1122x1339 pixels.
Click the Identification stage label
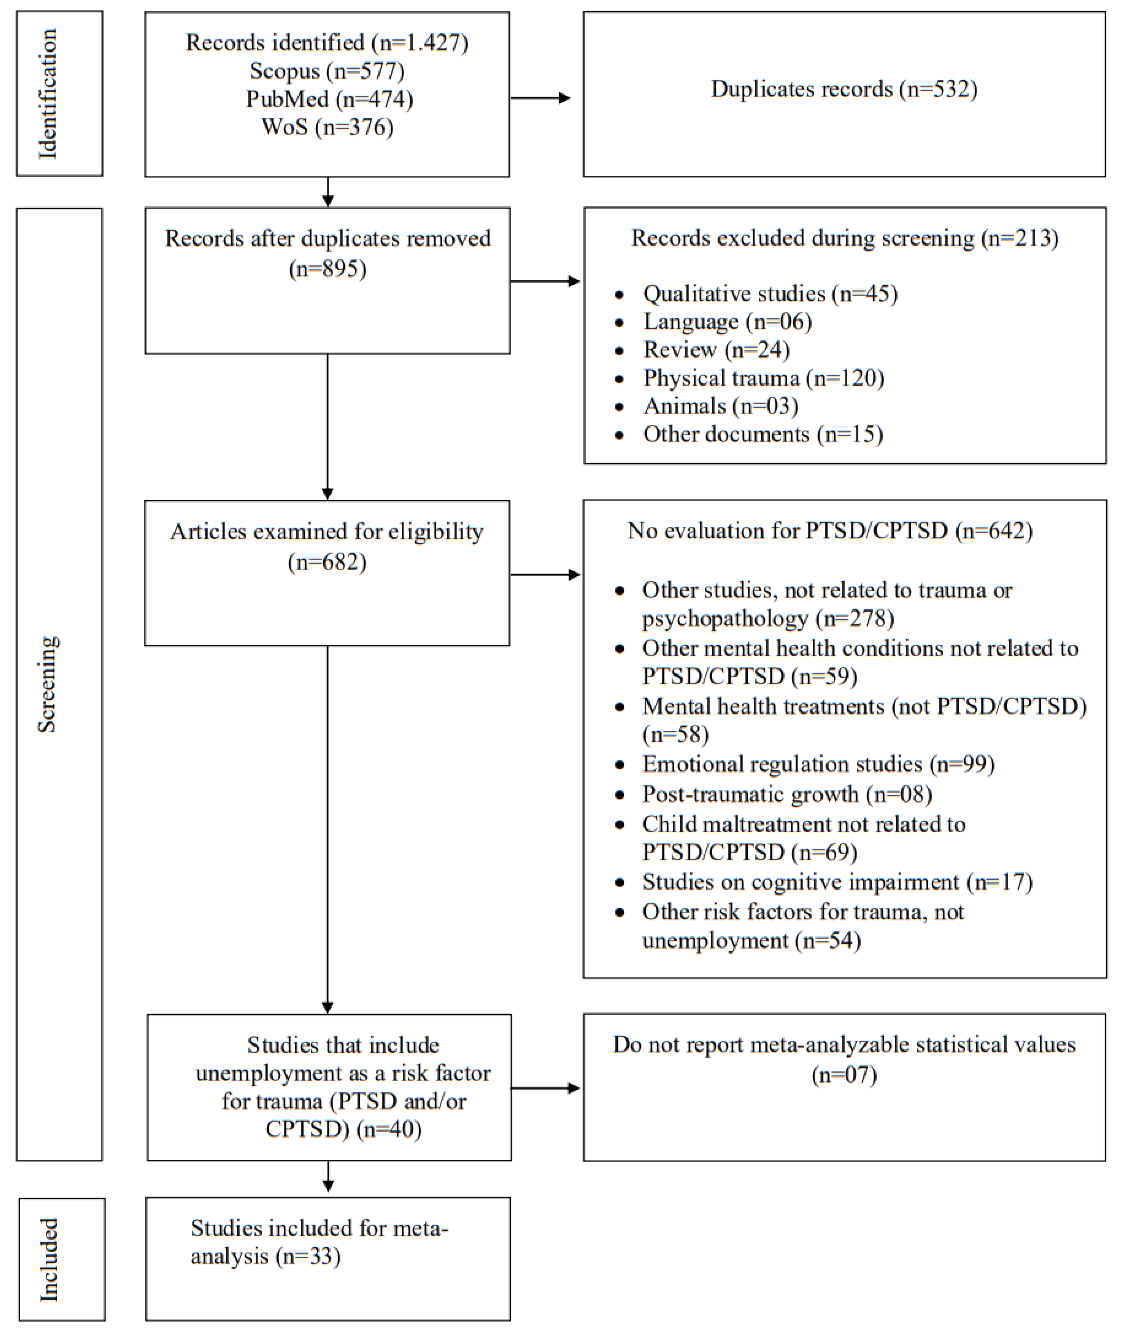pos(48,94)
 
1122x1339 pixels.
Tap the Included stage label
pos(49,1259)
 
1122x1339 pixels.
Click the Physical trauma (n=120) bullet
pos(763,378)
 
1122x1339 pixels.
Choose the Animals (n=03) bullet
pos(720,406)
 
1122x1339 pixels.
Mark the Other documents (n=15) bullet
pos(762,434)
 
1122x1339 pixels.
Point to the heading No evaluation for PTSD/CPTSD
pos(829,531)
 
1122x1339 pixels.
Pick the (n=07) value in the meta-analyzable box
pos(844,1075)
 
